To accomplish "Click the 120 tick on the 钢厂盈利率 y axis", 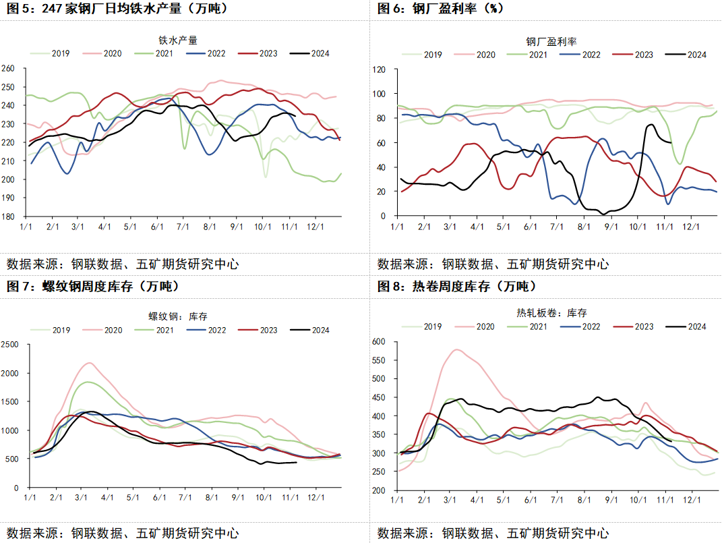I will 378,69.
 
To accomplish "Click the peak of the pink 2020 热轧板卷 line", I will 457,349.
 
